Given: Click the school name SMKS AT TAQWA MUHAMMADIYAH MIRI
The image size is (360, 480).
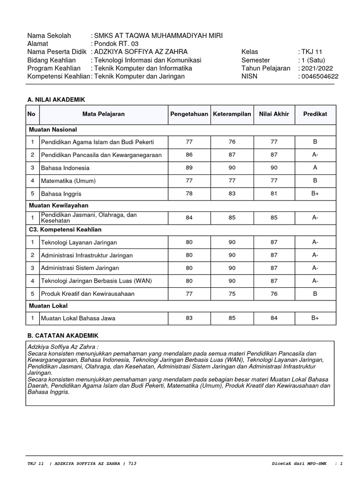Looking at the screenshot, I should click(158, 36).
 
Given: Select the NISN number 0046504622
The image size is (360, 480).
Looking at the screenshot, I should click(320, 76).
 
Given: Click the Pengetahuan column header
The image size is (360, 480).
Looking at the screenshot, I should click(189, 114).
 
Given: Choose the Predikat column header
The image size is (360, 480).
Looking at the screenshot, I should click(315, 114).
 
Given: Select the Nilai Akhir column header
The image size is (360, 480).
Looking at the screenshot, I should click(274, 114).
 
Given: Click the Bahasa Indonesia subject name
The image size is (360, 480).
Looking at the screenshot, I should click(65, 168).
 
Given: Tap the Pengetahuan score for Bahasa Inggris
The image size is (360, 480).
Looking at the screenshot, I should click(189, 193).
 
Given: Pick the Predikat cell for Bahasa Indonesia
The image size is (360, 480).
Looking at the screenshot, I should click(315, 168).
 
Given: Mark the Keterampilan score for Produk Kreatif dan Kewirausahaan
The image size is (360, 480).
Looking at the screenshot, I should click(232, 293).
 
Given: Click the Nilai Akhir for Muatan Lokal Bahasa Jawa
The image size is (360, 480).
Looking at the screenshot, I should click(274, 318).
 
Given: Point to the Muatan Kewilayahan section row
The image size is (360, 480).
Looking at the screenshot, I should click(59, 205).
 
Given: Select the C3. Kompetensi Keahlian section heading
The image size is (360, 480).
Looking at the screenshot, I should click(65, 230).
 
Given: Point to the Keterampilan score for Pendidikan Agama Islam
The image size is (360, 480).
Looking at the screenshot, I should click(232, 142).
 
